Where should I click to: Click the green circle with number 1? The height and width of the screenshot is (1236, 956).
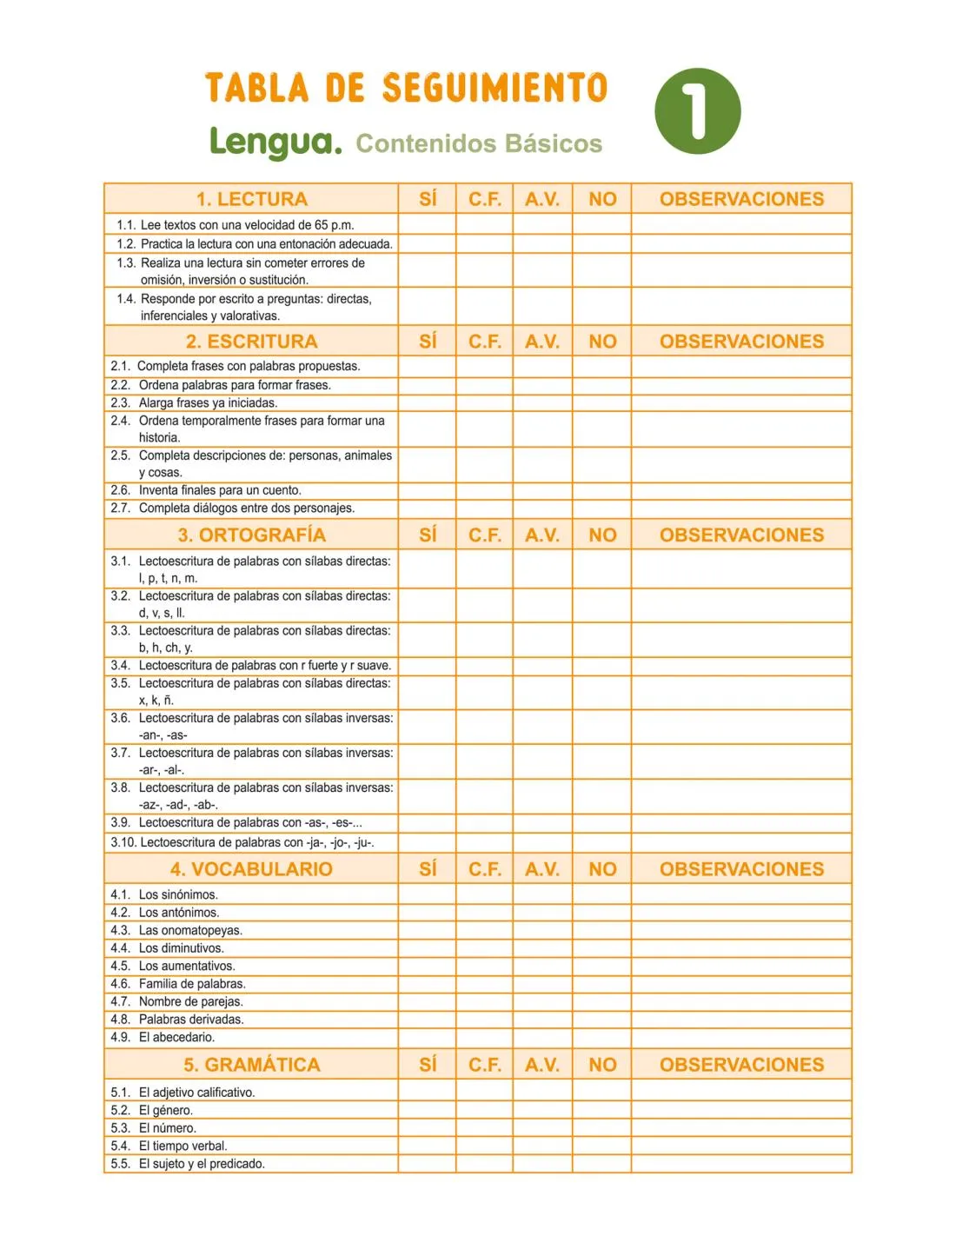697,111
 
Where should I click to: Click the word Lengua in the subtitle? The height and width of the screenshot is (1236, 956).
276,142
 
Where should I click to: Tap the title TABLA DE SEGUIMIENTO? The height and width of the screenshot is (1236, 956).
406,88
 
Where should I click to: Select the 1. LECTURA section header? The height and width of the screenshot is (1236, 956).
251,199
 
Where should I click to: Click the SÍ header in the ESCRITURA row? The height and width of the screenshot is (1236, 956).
428,342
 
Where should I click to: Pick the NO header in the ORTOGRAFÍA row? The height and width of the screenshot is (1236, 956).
602,535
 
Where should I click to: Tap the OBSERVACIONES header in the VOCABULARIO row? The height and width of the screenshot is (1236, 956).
741,869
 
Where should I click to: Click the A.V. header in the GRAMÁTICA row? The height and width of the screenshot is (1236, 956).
542,1065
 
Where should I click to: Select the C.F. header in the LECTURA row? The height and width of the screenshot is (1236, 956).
485,199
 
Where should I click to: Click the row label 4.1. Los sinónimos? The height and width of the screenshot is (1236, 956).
164,894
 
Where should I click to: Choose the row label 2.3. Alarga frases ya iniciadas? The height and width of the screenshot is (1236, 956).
194,402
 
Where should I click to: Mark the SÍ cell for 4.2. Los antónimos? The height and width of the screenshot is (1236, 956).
428,913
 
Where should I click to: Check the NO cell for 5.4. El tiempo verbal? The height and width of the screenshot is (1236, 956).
602,1146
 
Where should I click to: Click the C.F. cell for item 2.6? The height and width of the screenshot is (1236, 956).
485,490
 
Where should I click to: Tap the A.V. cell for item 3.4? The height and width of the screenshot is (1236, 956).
542,666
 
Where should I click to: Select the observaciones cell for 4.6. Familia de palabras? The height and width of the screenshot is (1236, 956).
741,984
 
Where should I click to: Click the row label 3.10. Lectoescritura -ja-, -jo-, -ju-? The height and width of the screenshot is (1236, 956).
242,842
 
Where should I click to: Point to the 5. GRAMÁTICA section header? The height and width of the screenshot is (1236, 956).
251,1065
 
